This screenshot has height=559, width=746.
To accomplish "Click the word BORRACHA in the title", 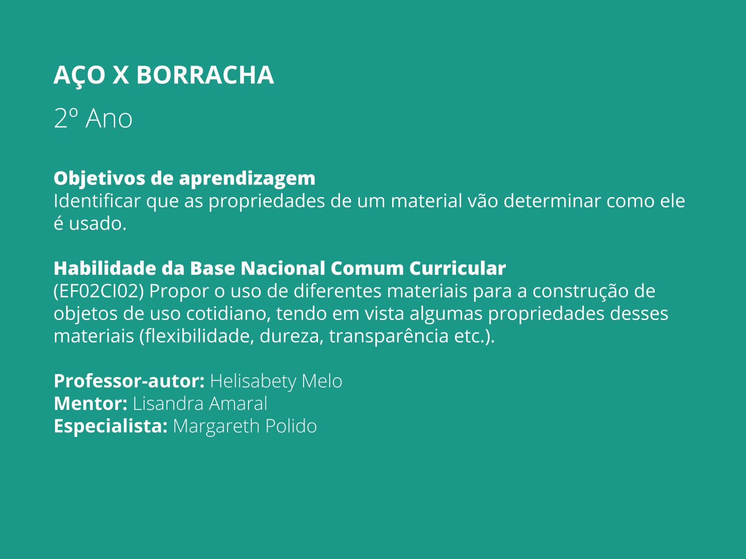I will coord(205,75).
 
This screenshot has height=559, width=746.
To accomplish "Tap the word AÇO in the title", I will coord(79,75).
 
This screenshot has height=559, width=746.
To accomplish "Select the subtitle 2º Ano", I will coord(93,118).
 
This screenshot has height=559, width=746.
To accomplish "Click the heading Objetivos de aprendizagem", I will coord(184,178).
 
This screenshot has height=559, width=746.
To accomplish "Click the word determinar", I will coord(553,201).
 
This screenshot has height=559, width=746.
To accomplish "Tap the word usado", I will coord(97,224).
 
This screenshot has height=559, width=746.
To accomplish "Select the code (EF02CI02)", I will coord(98,291).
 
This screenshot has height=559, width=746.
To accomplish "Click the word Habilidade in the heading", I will coord(105,268).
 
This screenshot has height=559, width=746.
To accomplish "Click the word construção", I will coord(580,291).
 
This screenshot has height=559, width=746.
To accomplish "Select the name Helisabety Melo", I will coord(276,381).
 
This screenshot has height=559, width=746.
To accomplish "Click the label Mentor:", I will coord(90,403).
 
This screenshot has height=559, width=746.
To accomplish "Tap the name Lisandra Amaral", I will coord(200,403).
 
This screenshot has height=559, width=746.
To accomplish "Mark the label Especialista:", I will coord(111,426).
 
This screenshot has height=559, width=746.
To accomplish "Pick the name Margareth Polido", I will coord(245,426).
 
